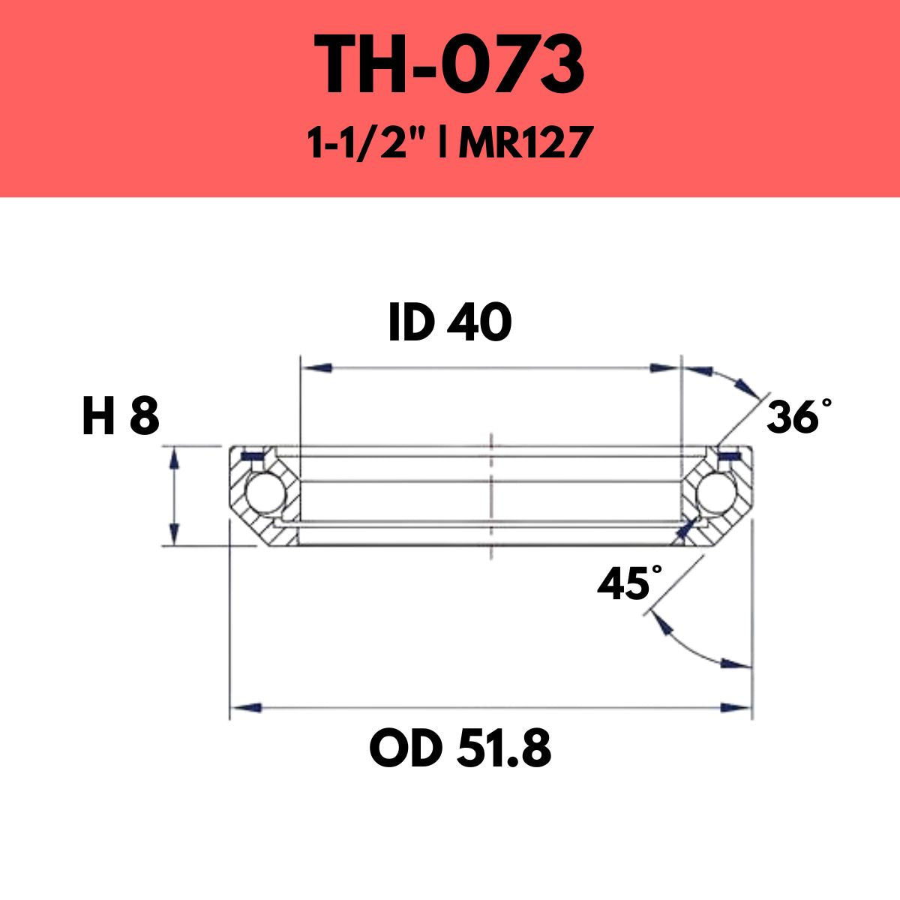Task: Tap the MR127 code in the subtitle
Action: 522,143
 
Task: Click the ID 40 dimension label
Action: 450,324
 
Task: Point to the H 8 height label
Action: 121,417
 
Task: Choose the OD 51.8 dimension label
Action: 460,749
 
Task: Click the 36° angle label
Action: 797,417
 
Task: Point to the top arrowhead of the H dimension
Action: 174,458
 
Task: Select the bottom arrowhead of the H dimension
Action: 174,533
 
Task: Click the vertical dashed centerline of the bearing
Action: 490,495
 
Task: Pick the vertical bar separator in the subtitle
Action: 446,143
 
